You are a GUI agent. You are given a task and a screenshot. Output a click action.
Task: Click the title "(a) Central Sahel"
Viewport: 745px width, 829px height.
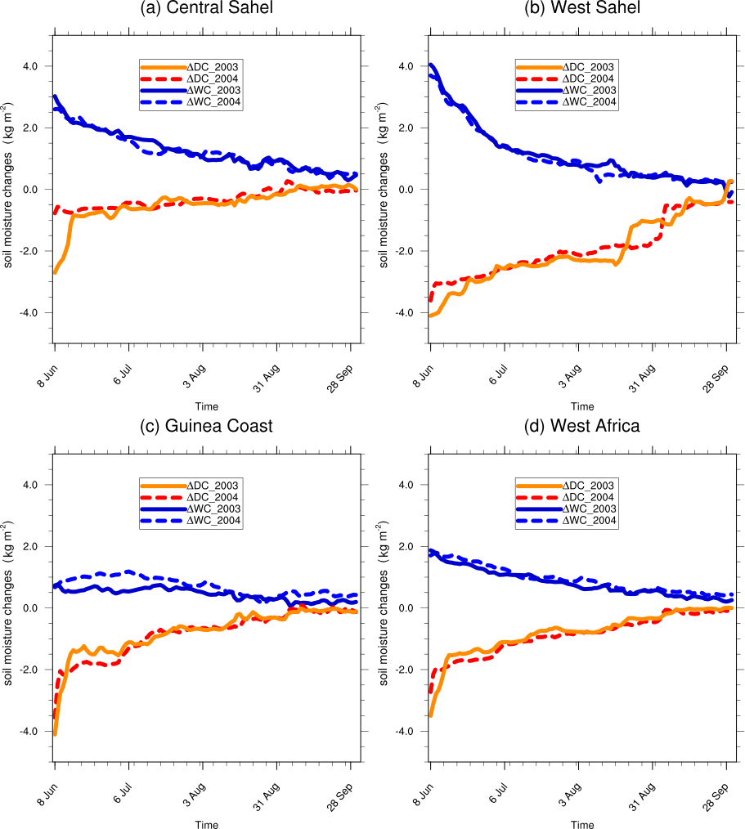click(x=206, y=9)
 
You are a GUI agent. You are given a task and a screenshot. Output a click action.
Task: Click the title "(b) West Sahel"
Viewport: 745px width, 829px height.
click(x=582, y=9)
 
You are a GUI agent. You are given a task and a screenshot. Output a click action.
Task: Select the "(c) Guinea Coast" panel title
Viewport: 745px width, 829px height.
click(x=206, y=426)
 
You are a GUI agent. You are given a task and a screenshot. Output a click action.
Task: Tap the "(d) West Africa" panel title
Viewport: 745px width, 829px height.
click(x=582, y=426)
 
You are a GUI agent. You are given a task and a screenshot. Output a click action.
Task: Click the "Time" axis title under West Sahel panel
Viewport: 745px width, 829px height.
click(x=582, y=406)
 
